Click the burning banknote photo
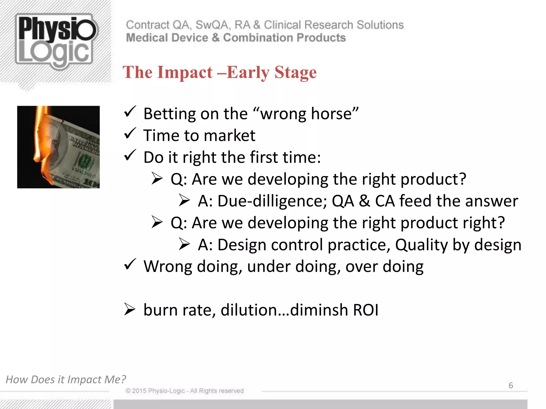[58, 147]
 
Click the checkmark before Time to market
[130, 134]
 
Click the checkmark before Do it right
[130, 156]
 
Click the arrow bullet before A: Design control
[184, 244]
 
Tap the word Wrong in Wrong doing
[167, 267]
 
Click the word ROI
[366, 310]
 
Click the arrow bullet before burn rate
[130, 310]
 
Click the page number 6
[511, 385]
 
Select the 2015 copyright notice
[184, 391]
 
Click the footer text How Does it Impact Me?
[66, 379]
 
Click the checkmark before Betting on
[130, 112]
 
